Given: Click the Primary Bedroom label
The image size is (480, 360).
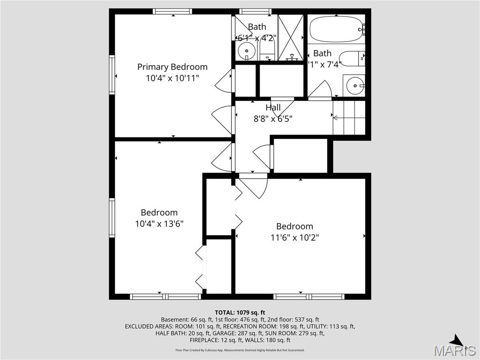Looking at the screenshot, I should [172, 67].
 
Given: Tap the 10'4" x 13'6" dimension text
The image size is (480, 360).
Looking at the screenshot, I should [159, 224].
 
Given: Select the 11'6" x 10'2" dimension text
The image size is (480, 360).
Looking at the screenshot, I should [294, 238].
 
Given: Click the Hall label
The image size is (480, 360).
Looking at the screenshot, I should [273, 108].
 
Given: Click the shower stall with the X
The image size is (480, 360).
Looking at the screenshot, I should [291, 37].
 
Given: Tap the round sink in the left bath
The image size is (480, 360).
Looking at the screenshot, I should [246, 49].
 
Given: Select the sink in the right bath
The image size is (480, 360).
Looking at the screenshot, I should [355, 86].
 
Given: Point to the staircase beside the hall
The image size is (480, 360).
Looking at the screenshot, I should [349, 117].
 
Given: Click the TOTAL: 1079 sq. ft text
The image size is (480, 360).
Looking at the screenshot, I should [240, 312].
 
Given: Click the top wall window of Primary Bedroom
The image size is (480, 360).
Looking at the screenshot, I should [172, 11].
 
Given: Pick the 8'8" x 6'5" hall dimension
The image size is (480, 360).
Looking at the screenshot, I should [273, 119].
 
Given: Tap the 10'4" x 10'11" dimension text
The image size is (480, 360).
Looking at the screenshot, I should [172, 78].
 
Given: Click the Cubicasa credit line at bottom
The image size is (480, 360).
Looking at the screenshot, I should [240, 350].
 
